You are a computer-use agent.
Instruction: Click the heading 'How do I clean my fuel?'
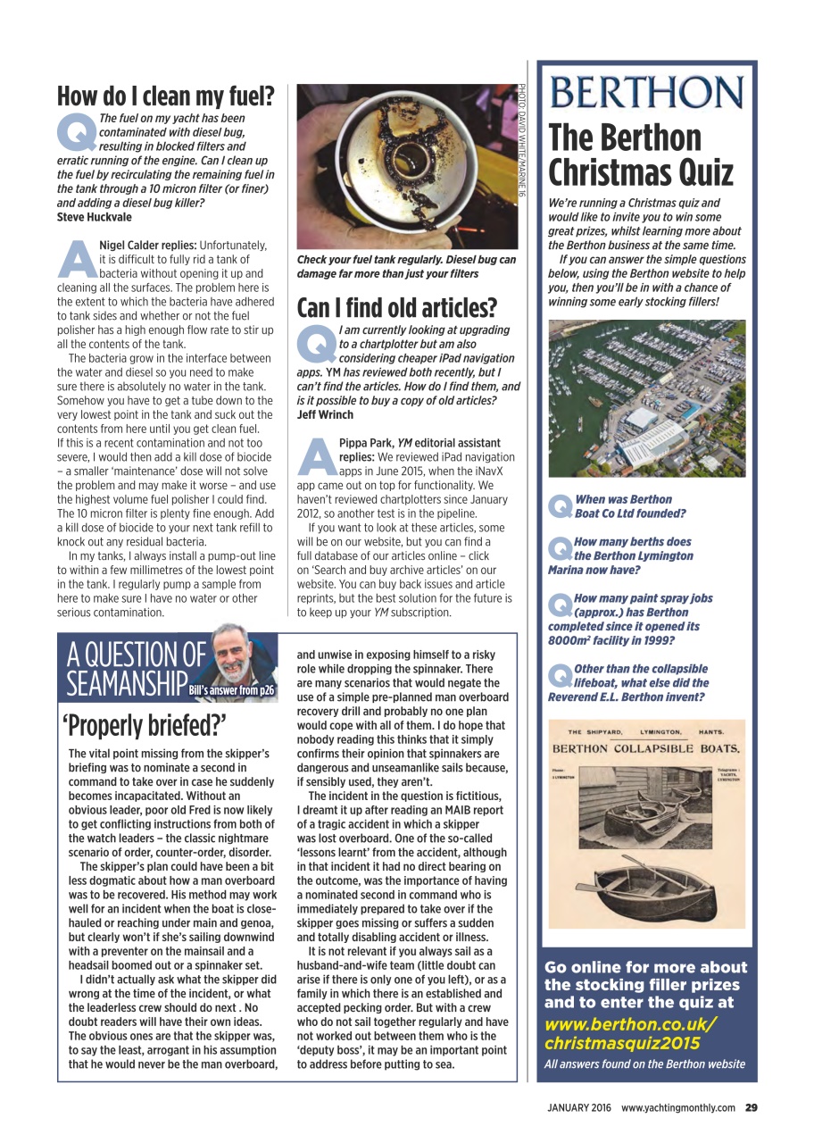(x=165, y=96)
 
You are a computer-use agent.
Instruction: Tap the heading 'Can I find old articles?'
(x=395, y=308)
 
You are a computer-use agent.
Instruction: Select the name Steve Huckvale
(x=95, y=217)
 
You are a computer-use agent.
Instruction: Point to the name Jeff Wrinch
(x=325, y=415)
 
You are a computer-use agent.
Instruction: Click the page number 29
(x=751, y=1108)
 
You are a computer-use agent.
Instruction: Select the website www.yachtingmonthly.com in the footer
(x=678, y=1108)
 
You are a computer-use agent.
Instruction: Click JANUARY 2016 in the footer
(x=579, y=1108)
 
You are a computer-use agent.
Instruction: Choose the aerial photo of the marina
(x=645, y=398)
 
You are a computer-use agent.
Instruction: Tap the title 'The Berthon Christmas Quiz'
(x=640, y=154)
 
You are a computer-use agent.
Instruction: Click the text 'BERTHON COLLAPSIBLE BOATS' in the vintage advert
(x=645, y=747)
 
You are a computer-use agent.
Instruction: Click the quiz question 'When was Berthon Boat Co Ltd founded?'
(x=629, y=506)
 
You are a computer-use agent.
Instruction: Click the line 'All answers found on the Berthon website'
(x=644, y=1064)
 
